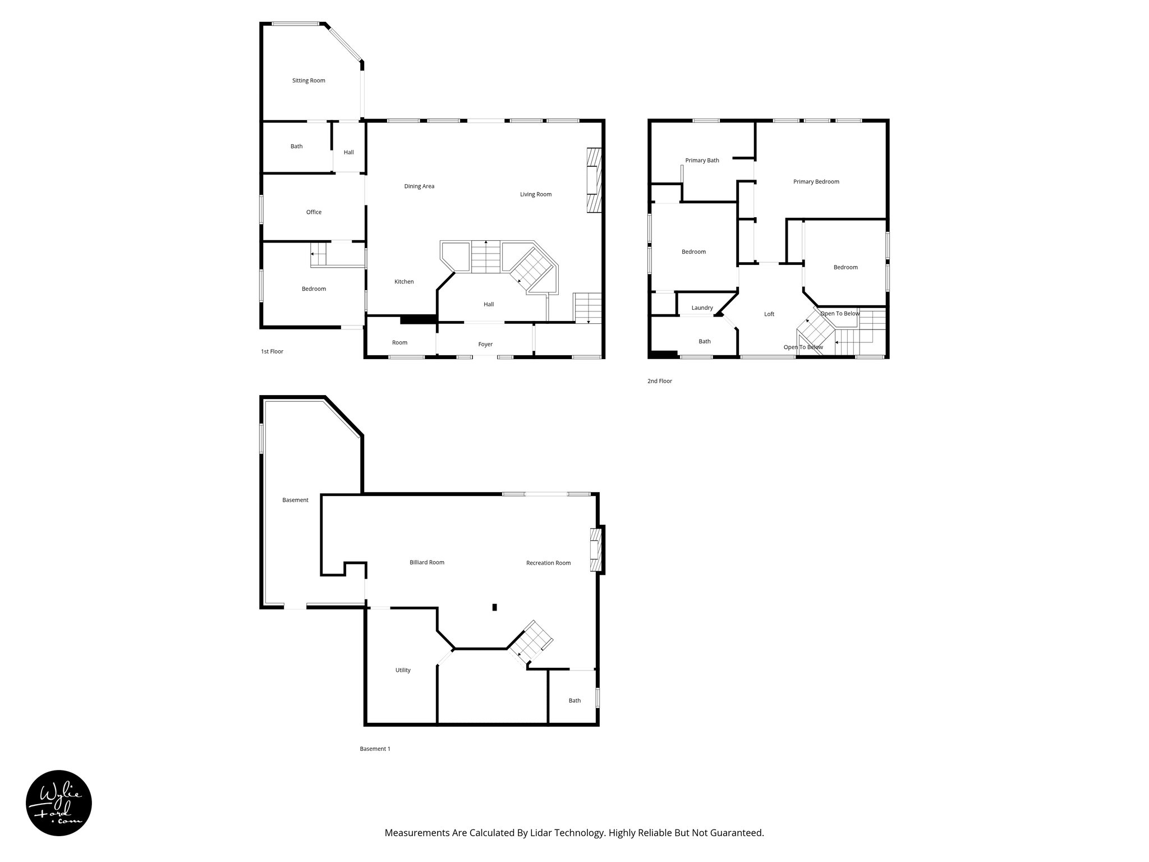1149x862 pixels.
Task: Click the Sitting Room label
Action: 309,81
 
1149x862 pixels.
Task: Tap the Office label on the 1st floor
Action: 314,212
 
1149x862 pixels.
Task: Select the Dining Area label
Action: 419,186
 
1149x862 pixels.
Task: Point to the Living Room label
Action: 535,195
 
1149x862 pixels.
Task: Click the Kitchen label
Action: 404,282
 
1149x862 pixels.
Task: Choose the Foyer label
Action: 485,345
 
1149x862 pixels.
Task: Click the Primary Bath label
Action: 702,161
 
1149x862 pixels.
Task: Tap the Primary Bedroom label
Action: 816,182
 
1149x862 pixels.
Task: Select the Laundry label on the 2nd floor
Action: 702,308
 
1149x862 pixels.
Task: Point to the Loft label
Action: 769,314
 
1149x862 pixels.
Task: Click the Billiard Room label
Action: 426,562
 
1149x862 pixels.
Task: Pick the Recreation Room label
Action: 548,563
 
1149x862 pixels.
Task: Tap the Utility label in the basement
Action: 403,670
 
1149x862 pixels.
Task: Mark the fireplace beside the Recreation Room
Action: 596,550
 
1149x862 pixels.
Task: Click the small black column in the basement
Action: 494,607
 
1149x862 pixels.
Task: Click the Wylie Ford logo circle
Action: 59,803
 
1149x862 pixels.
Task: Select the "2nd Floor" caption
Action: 659,381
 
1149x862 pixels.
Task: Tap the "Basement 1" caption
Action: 375,749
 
